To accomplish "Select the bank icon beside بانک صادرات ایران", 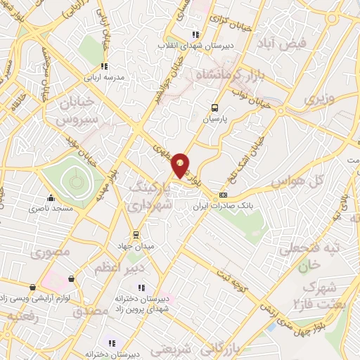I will pyautogui.click(x=224, y=195).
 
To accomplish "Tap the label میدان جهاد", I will pyautogui.click(x=135, y=245).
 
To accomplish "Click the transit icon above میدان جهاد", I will pyautogui.click(x=135, y=235).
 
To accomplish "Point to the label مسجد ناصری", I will pyautogui.click(x=49, y=209).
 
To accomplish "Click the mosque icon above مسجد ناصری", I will pyautogui.click(x=49, y=198).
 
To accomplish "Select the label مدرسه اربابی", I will pyautogui.click(x=104, y=77).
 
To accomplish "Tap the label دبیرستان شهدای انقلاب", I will pyautogui.click(x=195, y=46).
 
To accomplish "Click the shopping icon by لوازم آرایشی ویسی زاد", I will pyautogui.click(x=72, y=278).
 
